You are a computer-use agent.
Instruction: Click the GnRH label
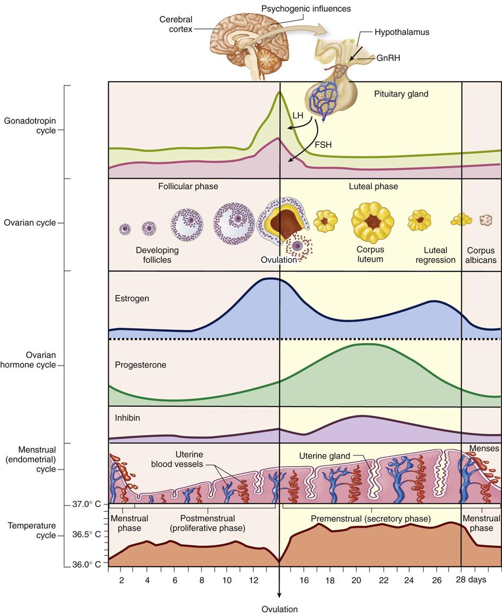point(388,58)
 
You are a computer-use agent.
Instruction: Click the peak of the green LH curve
point(279,93)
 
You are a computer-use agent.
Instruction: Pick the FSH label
point(323,145)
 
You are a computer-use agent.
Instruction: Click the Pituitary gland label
point(401,94)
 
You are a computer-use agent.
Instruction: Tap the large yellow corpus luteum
point(369,222)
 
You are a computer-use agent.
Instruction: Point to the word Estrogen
point(132,298)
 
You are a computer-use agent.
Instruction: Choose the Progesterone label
point(141,365)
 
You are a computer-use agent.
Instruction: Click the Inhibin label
point(127,418)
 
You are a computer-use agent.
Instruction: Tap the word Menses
point(483,448)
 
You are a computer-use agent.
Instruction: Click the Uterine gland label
point(324,456)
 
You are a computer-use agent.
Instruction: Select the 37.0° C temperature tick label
point(86,504)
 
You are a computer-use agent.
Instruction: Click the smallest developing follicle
point(125,229)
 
